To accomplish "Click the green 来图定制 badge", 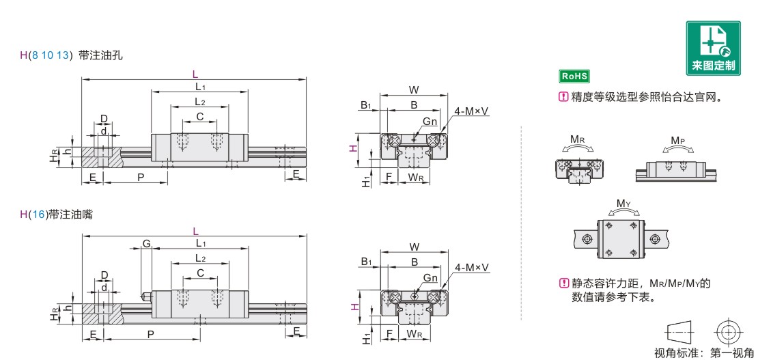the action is click(x=713, y=48).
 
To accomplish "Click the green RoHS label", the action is click(x=574, y=76).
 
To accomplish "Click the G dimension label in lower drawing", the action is click(x=145, y=243).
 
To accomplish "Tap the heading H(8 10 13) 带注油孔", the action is click(x=72, y=55).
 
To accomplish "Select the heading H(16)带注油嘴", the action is click(x=56, y=214).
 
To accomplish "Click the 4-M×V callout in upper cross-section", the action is click(x=471, y=111).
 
